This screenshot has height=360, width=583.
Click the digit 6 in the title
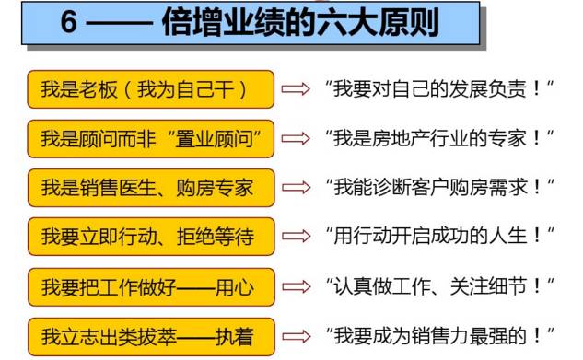[68, 23]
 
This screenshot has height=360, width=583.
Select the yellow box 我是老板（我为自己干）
[151, 89]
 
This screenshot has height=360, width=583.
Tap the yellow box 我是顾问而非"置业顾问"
[151, 138]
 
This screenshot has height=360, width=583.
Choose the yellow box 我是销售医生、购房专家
[151, 187]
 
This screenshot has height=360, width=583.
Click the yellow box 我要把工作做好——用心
[151, 285]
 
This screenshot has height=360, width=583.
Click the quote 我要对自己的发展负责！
[437, 89]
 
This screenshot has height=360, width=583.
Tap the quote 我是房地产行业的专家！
[437, 138]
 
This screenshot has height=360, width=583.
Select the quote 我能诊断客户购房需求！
[437, 187]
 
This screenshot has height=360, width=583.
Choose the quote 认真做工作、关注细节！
[437, 285]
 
